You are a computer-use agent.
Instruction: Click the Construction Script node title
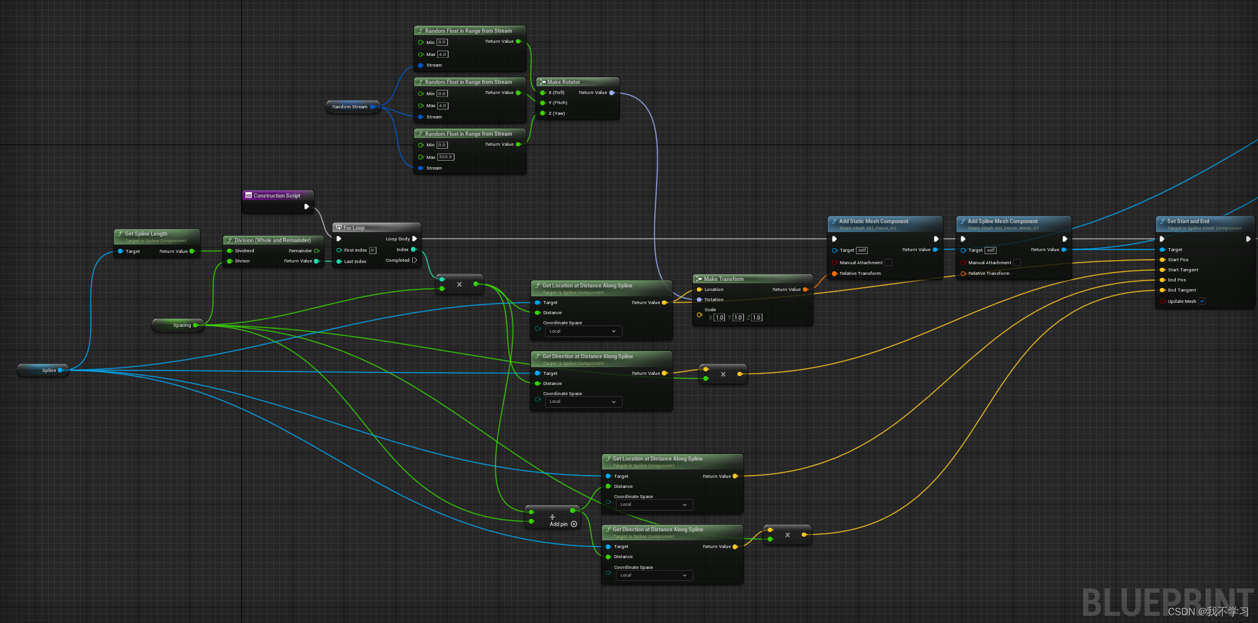pos(276,196)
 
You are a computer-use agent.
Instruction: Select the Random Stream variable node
pos(350,107)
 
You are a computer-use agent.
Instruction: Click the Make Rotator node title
pos(563,82)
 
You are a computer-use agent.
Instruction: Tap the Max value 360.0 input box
pos(446,157)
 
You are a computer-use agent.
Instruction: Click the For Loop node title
pos(354,228)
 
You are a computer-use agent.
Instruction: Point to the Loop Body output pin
pos(415,239)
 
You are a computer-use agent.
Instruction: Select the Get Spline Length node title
pos(146,234)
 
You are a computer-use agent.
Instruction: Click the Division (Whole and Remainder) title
pos(272,240)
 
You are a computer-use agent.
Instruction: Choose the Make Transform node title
pos(724,279)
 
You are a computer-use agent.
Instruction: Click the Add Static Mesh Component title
pos(873,221)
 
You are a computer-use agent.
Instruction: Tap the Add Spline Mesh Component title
pos(1002,221)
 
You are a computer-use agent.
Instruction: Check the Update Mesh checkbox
pos(1202,301)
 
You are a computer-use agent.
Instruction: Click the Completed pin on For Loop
pos(415,260)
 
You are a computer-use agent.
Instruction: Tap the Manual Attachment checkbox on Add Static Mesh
pos(888,262)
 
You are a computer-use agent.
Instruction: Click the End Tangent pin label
pos(1182,290)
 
